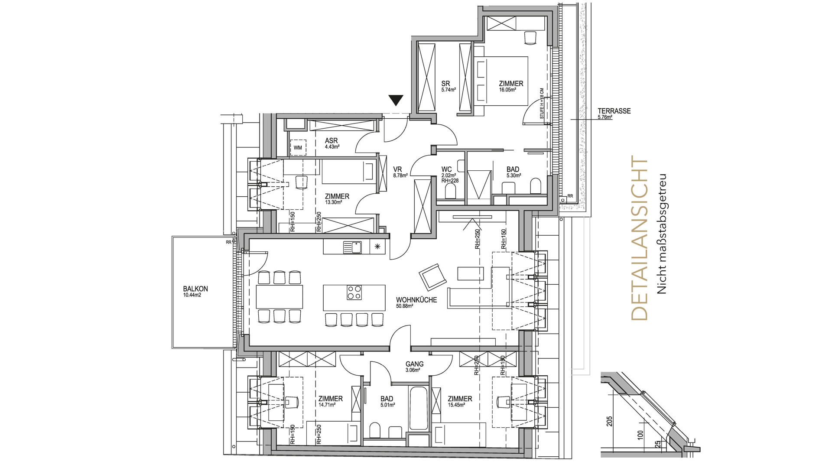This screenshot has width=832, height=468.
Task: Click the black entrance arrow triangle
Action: pyautogui.click(x=396, y=100)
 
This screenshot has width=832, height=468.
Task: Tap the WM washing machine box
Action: pyautogui.click(x=298, y=148)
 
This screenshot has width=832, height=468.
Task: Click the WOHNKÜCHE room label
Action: pyautogui.click(x=416, y=299)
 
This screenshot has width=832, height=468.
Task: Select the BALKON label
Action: pyautogui.click(x=195, y=289)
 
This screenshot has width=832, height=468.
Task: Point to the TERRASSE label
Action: pyautogui.click(x=614, y=111)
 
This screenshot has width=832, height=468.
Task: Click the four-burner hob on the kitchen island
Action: pyautogui.click(x=354, y=292)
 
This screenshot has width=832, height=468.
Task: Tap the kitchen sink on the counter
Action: pyautogui.click(x=352, y=247)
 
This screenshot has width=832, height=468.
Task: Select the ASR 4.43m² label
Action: pyautogui.click(x=332, y=143)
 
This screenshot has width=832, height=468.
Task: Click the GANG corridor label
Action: pyautogui.click(x=414, y=364)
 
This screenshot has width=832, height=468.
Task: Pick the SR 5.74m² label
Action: pyautogui.click(x=448, y=86)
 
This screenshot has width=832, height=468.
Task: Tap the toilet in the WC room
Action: pyautogui.click(x=451, y=192)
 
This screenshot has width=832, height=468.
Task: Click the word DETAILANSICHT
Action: pyautogui.click(x=640, y=238)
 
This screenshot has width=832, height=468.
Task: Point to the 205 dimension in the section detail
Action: pyautogui.click(x=609, y=421)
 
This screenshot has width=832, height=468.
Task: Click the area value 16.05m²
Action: pyautogui.click(x=507, y=90)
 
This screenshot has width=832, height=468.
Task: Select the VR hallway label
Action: pyautogui.click(x=397, y=169)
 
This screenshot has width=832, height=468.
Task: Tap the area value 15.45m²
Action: pyautogui.click(x=456, y=405)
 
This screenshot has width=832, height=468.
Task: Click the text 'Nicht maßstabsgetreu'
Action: pyautogui.click(x=662, y=234)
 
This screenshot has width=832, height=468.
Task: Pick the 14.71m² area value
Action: pyautogui.click(x=327, y=405)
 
